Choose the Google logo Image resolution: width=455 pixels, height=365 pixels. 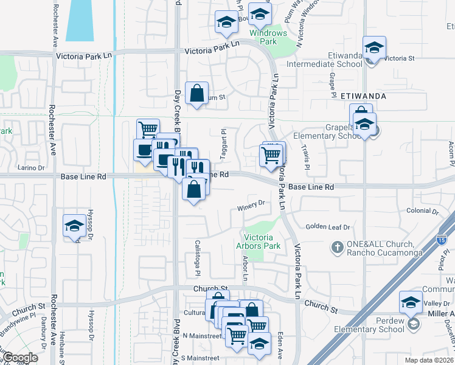pos(20,358)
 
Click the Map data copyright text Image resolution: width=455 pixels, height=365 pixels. pos(428,360)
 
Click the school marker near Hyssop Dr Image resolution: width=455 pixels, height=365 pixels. pos(75,226)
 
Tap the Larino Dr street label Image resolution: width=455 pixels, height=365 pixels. pos(31,167)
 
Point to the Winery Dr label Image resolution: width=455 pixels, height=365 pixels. pos(252,203)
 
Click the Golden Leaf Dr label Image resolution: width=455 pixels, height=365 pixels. pos(328,227)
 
